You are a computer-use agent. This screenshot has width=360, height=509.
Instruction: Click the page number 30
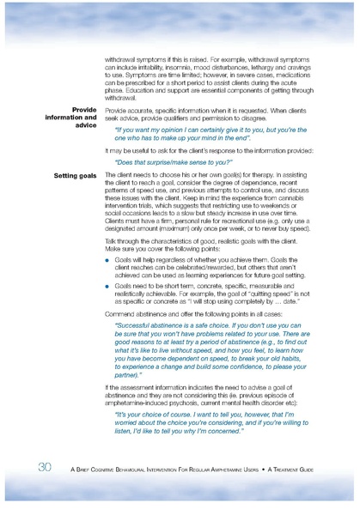click(x=45, y=467)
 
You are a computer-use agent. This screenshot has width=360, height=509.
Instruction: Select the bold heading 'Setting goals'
click(x=75, y=175)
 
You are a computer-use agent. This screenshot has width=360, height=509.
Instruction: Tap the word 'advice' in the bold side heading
click(x=84, y=125)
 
